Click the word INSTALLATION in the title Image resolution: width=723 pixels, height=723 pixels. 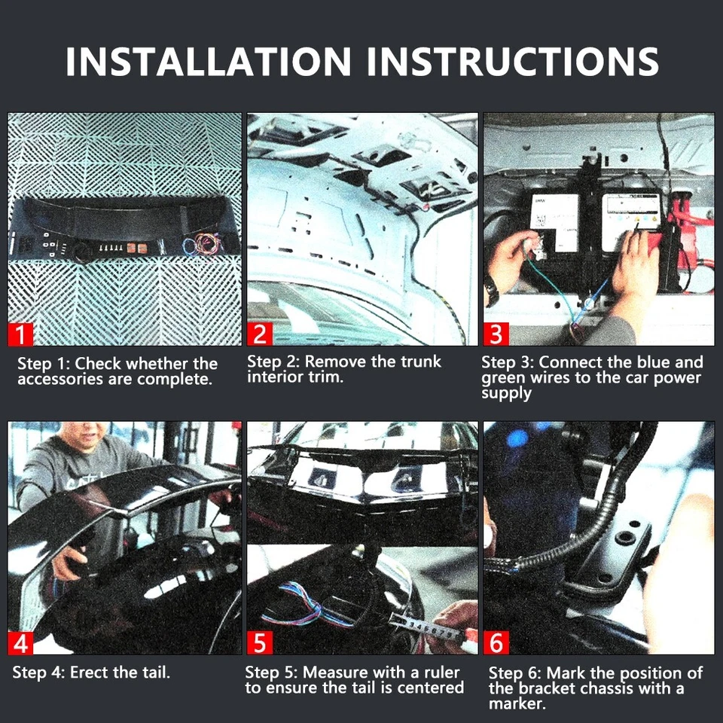[x=208, y=61]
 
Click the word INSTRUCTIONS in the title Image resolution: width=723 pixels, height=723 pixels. [x=512, y=61]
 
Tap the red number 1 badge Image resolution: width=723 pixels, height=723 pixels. [x=20, y=334]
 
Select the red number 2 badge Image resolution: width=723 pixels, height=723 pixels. [x=260, y=334]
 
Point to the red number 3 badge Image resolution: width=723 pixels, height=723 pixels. [x=496, y=334]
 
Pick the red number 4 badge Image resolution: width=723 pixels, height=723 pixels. [x=20, y=642]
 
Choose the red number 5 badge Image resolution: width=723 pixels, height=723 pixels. [x=260, y=642]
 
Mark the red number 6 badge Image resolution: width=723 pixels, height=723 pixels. [x=496, y=642]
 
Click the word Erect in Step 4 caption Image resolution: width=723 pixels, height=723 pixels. [x=90, y=673]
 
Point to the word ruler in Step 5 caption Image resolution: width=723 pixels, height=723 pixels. [x=442, y=673]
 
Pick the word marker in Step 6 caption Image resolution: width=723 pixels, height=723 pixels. [x=517, y=704]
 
